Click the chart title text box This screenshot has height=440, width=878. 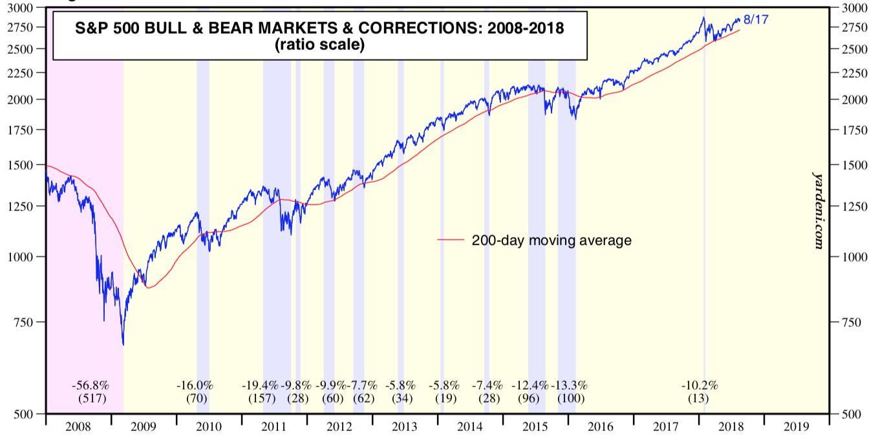[x=319, y=36]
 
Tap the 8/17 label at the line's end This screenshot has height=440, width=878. [x=756, y=20]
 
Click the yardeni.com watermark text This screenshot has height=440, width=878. [x=817, y=210]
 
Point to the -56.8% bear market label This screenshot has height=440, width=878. [x=91, y=386]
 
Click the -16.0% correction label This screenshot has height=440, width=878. [x=195, y=386]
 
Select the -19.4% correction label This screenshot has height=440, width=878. [x=260, y=386]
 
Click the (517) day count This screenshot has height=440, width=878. [x=91, y=399]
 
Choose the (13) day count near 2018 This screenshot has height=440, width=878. [x=698, y=399]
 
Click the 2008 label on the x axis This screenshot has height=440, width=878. [x=78, y=427]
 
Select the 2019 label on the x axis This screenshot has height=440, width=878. [x=796, y=427]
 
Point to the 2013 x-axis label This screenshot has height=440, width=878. [x=405, y=427]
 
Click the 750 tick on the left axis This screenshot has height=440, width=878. [x=29, y=322]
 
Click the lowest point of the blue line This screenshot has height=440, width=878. [x=123, y=345]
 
